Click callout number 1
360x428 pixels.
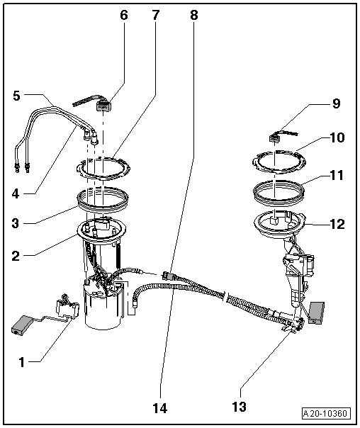click(x=21, y=361)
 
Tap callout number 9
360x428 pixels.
click(x=336, y=104)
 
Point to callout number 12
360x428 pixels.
click(x=336, y=225)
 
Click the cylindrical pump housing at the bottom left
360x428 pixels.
click(x=106, y=309)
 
